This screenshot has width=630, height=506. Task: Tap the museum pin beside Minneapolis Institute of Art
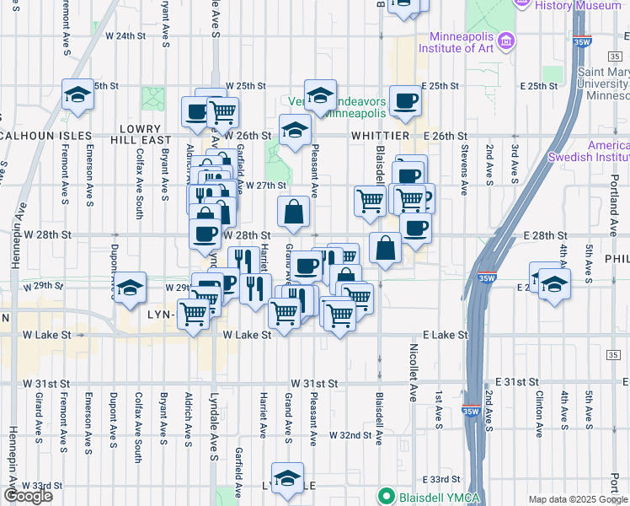coord(506,40)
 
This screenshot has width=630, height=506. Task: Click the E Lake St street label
coord(446,335)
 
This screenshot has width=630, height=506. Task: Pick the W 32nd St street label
coord(351,435)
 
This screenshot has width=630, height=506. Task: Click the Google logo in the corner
coord(28,496)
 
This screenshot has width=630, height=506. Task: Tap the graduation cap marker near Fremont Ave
coord(77,95)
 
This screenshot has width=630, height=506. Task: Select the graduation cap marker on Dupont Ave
coord(131,288)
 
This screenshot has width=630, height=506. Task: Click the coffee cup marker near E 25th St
coord(404,102)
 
